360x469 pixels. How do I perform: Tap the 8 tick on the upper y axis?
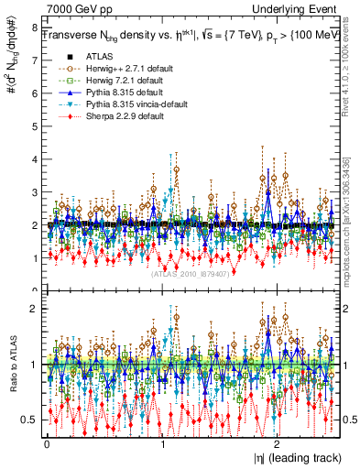pyautogui.click(x=35, y=27)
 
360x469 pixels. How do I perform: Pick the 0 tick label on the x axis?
pyautogui.click(x=47, y=443)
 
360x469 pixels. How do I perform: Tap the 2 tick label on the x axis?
pyautogui.click(x=278, y=443)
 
